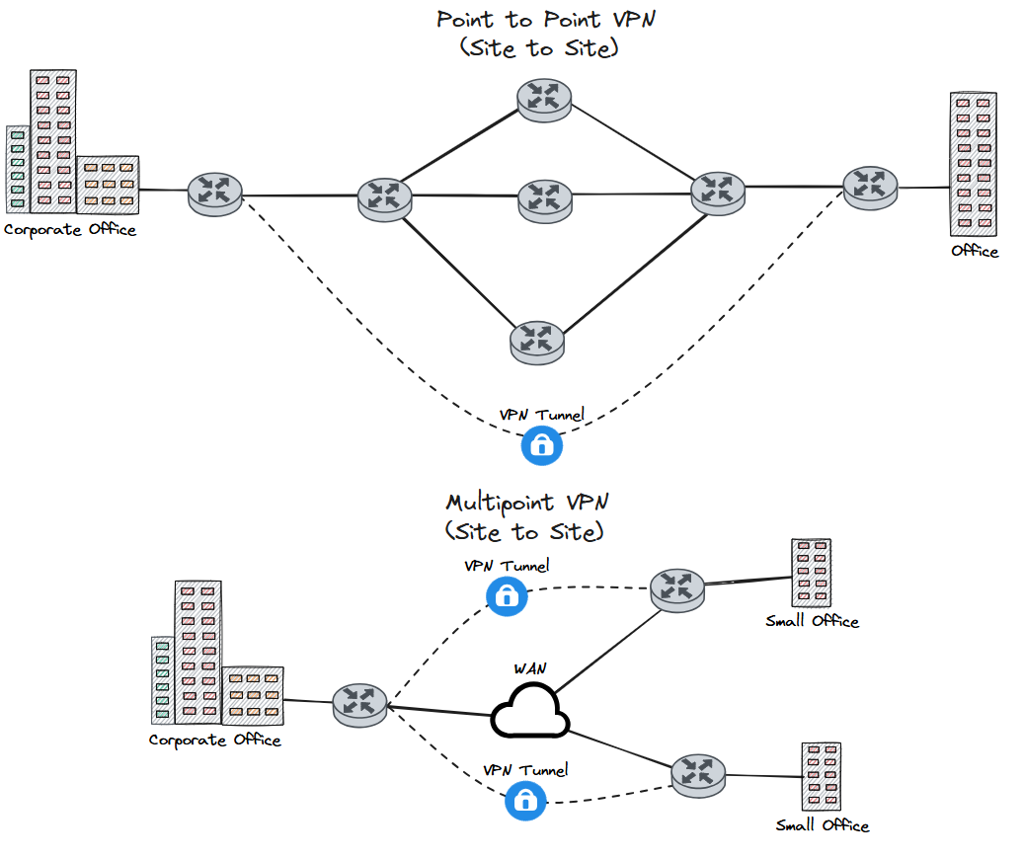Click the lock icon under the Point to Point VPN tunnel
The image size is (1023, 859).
[541, 445]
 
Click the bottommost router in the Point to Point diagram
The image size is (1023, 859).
[537, 341]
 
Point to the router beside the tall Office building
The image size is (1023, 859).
[870, 186]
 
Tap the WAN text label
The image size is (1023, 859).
[530, 668]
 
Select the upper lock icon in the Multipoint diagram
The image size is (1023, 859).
[507, 595]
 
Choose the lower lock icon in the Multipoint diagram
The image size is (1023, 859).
[525, 800]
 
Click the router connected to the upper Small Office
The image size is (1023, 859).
[677, 588]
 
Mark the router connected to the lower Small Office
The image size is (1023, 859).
[698, 774]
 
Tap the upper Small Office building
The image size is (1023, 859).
[811, 574]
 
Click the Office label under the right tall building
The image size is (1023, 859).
[974, 251]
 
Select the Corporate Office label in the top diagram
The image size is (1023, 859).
[69, 230]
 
